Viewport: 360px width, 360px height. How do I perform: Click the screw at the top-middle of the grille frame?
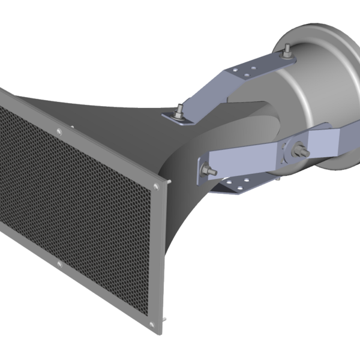pyautogui.click(x=58, y=132)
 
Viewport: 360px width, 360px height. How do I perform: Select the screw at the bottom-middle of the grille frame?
pyautogui.click(x=58, y=265)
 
